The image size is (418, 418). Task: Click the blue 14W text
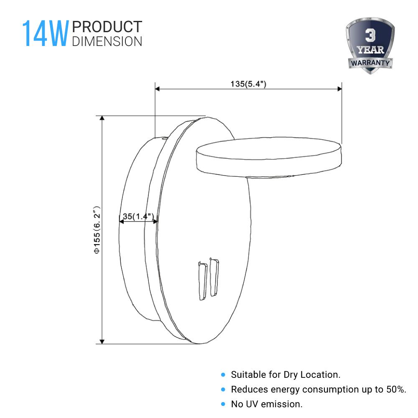pos(45,33)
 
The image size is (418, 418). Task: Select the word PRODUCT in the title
pos(107,27)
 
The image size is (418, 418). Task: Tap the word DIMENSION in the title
pos(107,41)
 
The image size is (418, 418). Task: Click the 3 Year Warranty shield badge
pos(370,46)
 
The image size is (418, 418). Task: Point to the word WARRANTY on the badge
pos(370,63)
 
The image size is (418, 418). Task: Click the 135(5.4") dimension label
pos(248,84)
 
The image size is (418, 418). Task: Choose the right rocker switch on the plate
pos(214,278)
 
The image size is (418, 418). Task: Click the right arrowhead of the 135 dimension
pos(339,89)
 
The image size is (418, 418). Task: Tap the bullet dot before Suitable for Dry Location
pos(223,375)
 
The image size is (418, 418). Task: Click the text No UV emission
pos(266,404)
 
